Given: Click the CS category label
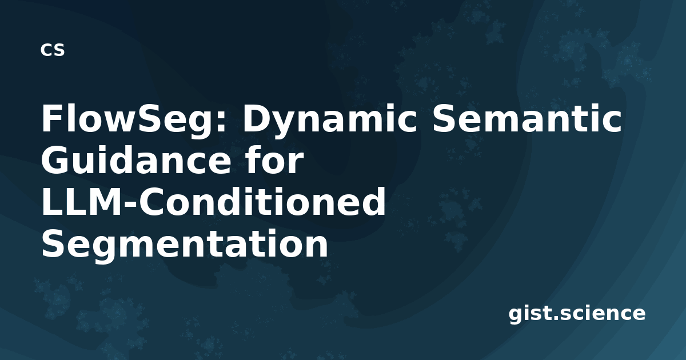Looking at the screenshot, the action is (x=53, y=50).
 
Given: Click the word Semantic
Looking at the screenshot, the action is (x=527, y=118).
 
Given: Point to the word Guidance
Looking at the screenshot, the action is (x=137, y=160).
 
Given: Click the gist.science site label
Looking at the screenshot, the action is (x=577, y=314).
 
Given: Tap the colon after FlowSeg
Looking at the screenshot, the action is (x=221, y=123).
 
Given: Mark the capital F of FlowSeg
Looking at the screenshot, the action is (x=51, y=118).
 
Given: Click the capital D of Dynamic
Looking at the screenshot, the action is (x=257, y=118).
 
